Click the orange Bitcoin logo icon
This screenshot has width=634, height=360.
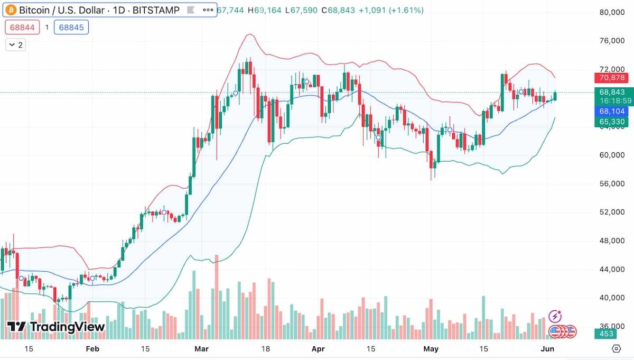pos(11,10)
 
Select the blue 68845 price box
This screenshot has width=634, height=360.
pos(71,27)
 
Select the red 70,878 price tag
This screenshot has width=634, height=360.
pos(612,78)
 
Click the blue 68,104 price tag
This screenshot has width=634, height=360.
pos(612,111)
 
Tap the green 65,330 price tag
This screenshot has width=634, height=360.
pos(612,122)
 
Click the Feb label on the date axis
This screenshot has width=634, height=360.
pos(92,349)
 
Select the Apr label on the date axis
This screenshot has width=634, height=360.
pos(318,349)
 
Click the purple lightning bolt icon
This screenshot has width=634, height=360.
pos(555,316)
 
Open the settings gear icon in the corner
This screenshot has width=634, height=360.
pos(616,348)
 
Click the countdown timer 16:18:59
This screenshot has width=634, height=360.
pos(612,100)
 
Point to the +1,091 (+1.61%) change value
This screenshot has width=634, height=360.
pos(391,10)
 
